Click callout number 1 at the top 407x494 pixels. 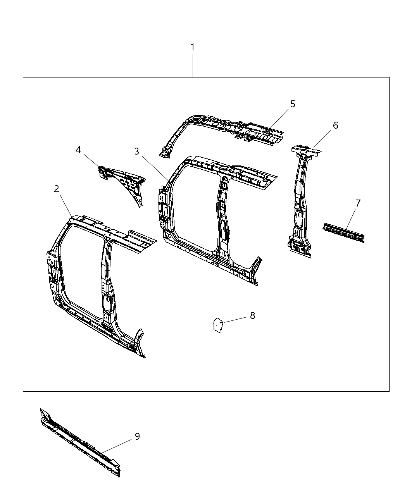[192, 48]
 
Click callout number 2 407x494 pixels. [57, 189]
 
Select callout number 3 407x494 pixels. [137, 151]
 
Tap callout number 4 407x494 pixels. [78, 150]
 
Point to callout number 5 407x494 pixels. [293, 104]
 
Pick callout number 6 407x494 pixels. [335, 125]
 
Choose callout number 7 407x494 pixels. [358, 203]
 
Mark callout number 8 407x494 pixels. [252, 315]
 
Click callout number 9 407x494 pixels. [137, 436]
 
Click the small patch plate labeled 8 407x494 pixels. [218, 325]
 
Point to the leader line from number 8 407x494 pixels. [235, 320]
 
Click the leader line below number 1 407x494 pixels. [193, 66]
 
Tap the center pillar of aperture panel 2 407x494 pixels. [107, 283]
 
